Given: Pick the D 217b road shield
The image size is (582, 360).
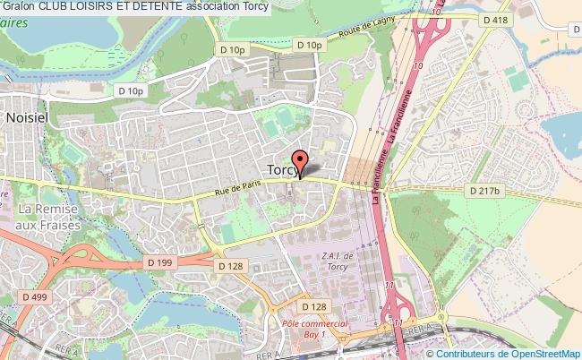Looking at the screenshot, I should (x=487, y=190).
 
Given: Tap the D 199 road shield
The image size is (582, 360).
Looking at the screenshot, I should (x=158, y=261).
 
